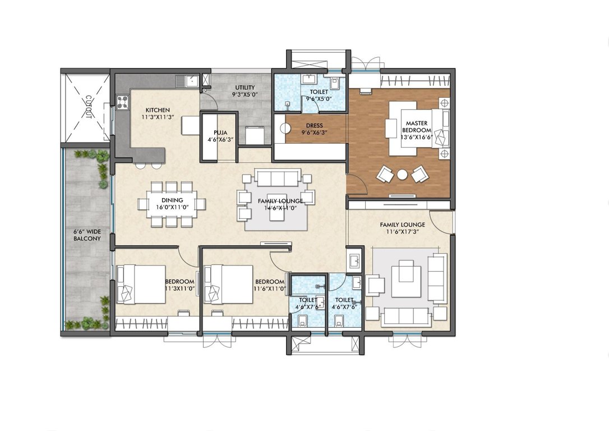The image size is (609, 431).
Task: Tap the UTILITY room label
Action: click(245, 88)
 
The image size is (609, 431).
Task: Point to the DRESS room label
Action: click(314, 126)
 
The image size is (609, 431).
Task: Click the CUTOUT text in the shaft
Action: click(87, 107)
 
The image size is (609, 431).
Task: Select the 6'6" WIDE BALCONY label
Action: click(87, 235)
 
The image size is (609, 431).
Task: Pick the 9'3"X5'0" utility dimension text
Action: click(245, 95)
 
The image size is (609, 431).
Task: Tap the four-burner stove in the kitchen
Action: click(122, 102)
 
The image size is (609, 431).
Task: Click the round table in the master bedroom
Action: click(402, 175)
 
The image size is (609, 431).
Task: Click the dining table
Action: click(172, 203)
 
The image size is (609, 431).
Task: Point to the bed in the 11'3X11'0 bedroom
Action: click(140, 284)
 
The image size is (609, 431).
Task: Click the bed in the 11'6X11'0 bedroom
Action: click(229, 284)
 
